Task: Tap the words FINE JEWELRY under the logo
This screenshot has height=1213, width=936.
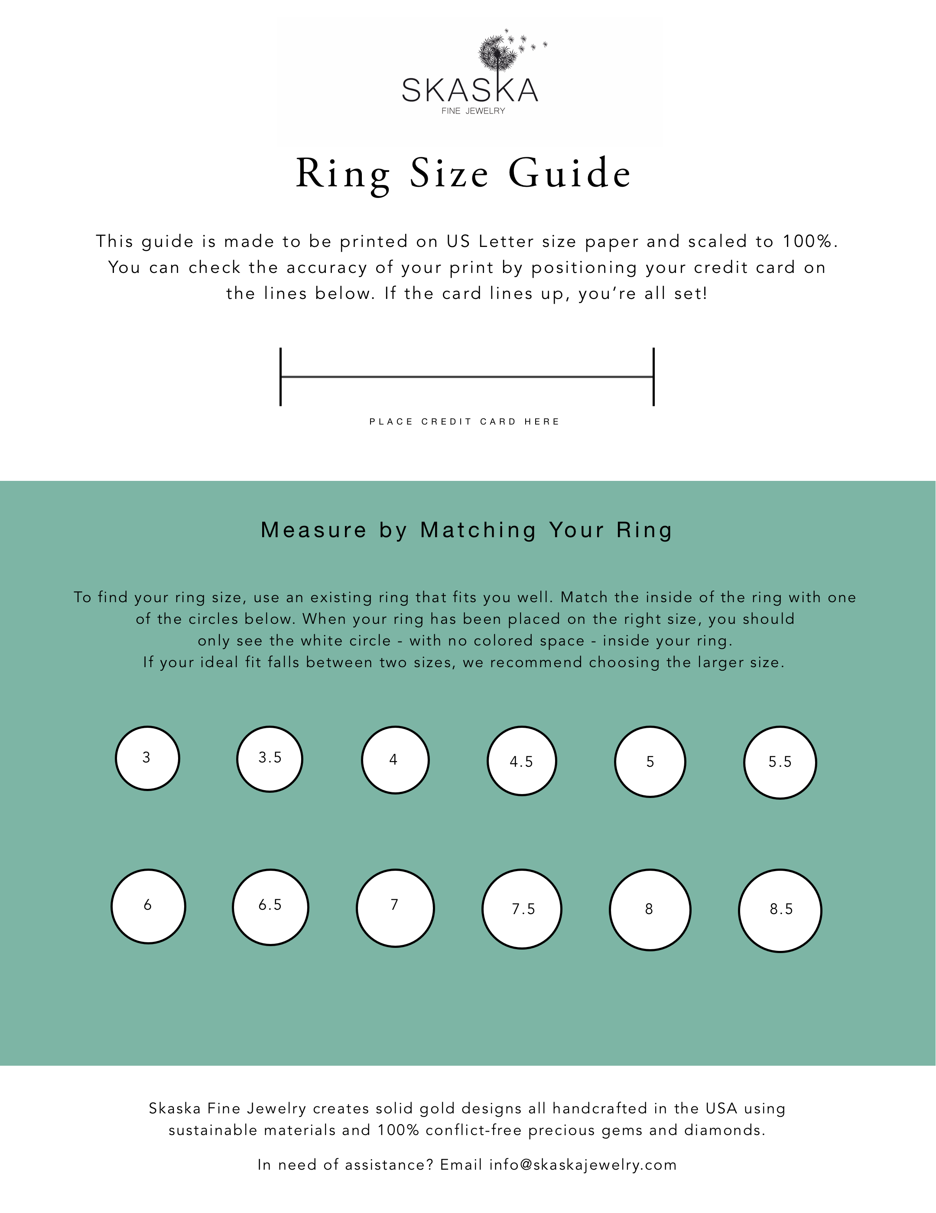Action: [473, 111]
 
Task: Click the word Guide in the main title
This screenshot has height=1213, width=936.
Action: [569, 173]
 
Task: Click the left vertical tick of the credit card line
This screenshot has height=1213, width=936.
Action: [280, 376]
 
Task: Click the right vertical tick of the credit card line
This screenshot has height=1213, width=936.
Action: [654, 376]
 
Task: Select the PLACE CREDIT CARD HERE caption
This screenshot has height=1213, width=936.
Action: [465, 422]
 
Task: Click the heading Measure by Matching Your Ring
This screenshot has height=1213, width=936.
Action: [467, 530]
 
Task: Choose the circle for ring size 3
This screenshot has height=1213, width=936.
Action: [147, 758]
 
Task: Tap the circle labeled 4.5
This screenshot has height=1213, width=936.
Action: [522, 761]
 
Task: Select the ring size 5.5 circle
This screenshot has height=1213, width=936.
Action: [780, 762]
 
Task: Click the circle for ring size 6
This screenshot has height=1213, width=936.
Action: [148, 906]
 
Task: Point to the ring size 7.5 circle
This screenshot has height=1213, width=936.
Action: [522, 909]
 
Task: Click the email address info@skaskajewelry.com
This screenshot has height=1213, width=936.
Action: [583, 1164]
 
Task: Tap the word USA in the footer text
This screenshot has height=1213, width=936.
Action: [721, 1109]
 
